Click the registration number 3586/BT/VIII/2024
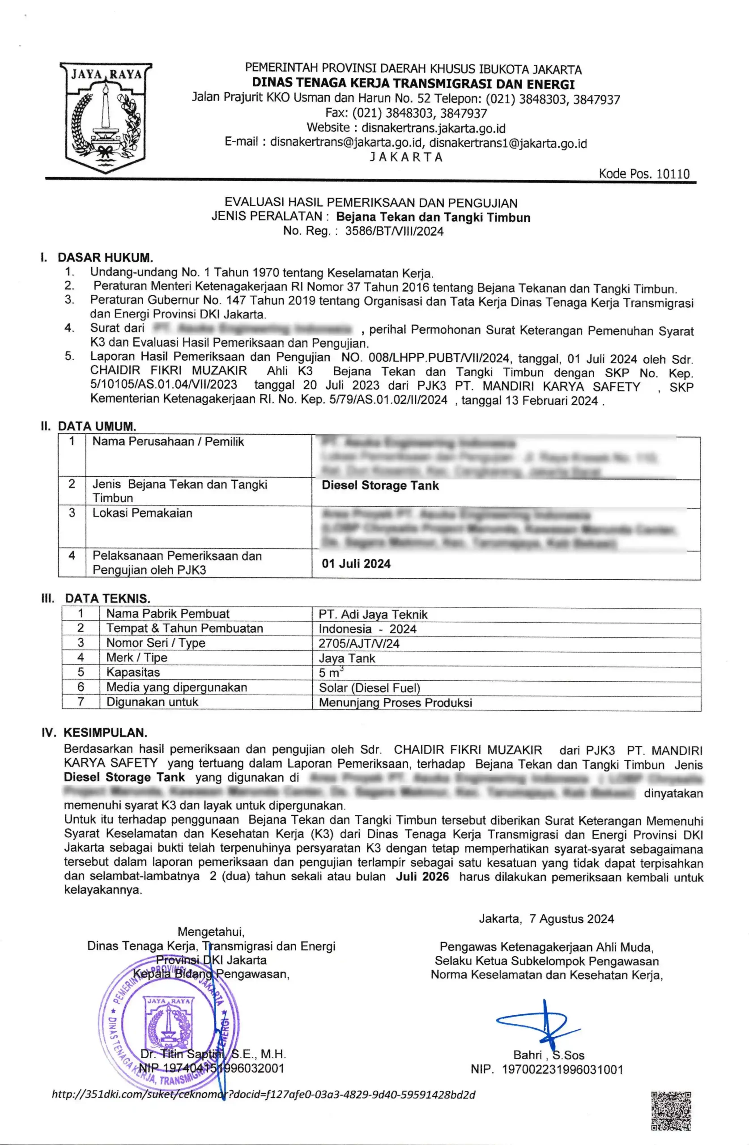[x=394, y=231]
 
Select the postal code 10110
[x=673, y=174]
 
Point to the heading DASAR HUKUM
[x=105, y=258]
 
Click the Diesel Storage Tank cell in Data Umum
[x=380, y=485]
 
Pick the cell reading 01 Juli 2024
[x=356, y=564]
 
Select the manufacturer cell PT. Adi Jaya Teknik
[x=373, y=615]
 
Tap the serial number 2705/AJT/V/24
[x=359, y=644]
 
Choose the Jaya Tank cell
[x=347, y=658]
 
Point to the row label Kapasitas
[x=133, y=672]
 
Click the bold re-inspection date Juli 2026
[x=422, y=876]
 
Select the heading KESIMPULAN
[x=105, y=733]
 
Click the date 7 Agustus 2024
[x=571, y=919]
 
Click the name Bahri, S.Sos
[x=549, y=1055]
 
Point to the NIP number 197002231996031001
[x=562, y=1069]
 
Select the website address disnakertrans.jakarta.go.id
[x=433, y=128]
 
